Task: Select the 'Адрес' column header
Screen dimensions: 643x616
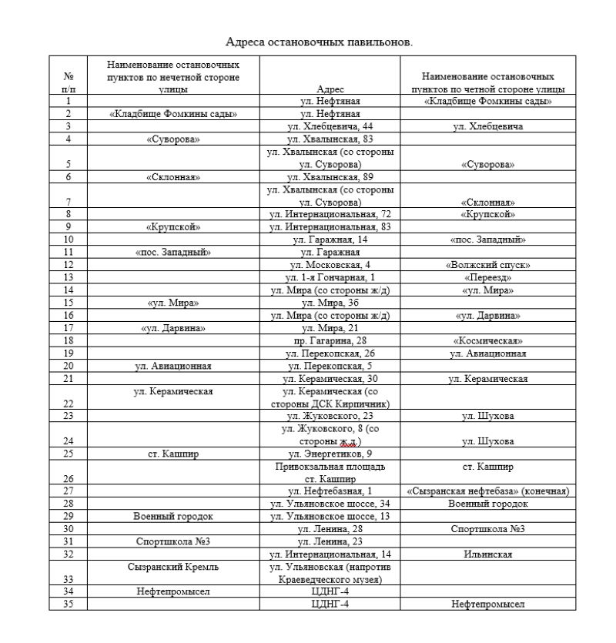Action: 330,89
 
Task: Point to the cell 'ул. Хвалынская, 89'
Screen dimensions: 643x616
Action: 330,176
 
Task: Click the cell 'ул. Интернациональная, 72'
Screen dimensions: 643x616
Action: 330,214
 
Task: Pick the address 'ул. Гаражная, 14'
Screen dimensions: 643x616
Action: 330,239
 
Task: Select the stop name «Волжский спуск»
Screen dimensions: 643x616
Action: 487,264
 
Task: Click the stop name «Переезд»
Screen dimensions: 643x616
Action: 487,277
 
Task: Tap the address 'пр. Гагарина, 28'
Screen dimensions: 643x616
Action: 330,340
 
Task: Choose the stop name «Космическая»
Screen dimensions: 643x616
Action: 487,340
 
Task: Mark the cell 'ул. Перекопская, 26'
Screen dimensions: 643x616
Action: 330,353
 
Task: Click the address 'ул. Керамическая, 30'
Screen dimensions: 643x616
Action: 330,378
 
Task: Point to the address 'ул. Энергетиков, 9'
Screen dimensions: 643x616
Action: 330,454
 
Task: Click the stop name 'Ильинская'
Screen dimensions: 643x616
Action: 487,554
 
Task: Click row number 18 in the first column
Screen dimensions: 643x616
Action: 69,340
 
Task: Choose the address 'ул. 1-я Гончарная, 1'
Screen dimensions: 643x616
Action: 330,277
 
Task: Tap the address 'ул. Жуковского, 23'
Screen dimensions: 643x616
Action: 330,416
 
